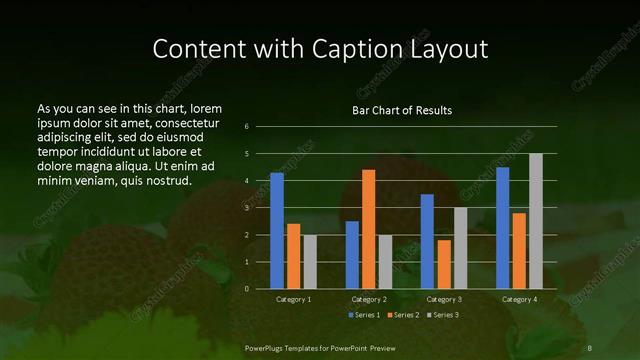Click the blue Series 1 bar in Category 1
(x=277, y=231)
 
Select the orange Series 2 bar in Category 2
(x=369, y=229)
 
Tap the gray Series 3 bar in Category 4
(x=536, y=221)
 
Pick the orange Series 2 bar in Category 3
(x=444, y=264)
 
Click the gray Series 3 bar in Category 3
(x=460, y=248)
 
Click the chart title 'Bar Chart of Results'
(x=402, y=110)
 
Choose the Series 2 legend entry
(x=405, y=315)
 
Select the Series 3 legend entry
(x=444, y=315)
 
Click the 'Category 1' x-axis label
(x=293, y=299)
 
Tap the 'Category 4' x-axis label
(x=519, y=299)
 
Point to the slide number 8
(x=589, y=346)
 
